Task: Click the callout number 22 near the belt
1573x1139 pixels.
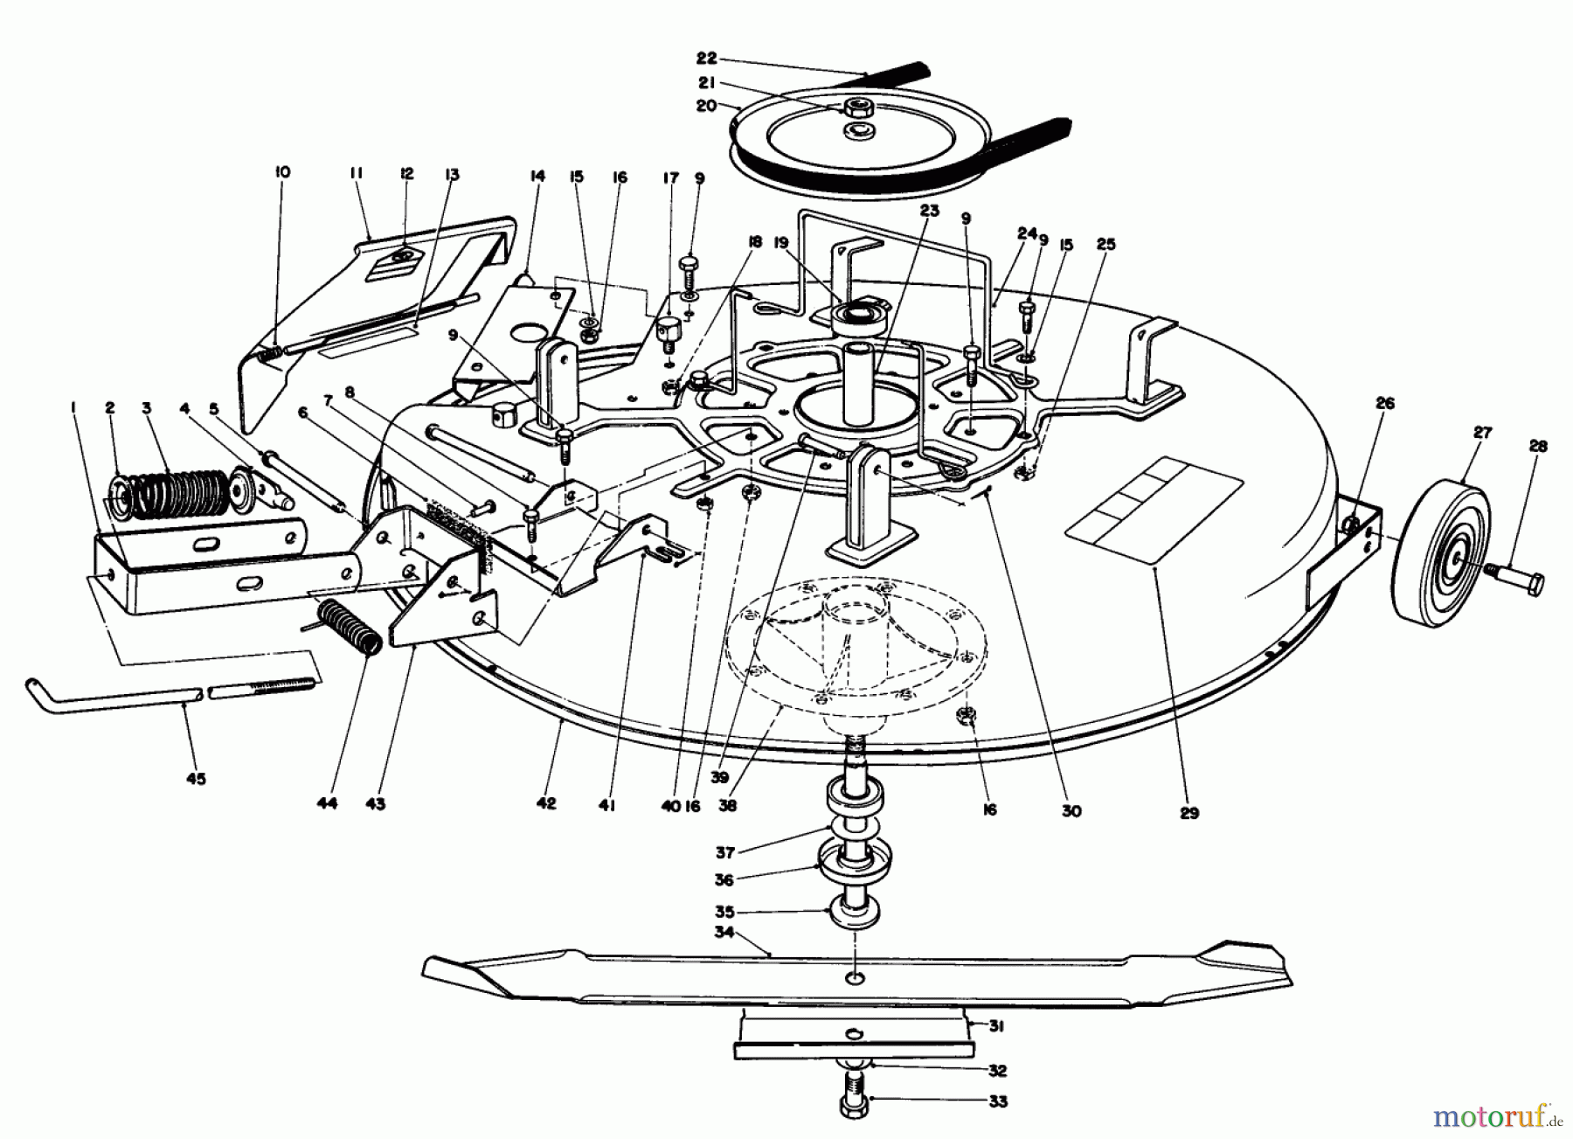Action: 706,59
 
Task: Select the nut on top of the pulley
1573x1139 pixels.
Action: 854,108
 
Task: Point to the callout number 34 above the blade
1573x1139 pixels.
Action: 724,932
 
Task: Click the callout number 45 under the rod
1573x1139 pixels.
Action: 197,778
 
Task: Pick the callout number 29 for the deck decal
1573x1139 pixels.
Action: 1188,812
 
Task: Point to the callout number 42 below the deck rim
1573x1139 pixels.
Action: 546,803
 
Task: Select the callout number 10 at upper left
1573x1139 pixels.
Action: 281,172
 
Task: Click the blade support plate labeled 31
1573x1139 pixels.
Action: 852,1037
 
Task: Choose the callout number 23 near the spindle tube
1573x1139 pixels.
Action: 928,211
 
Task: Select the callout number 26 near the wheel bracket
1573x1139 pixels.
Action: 1385,404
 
